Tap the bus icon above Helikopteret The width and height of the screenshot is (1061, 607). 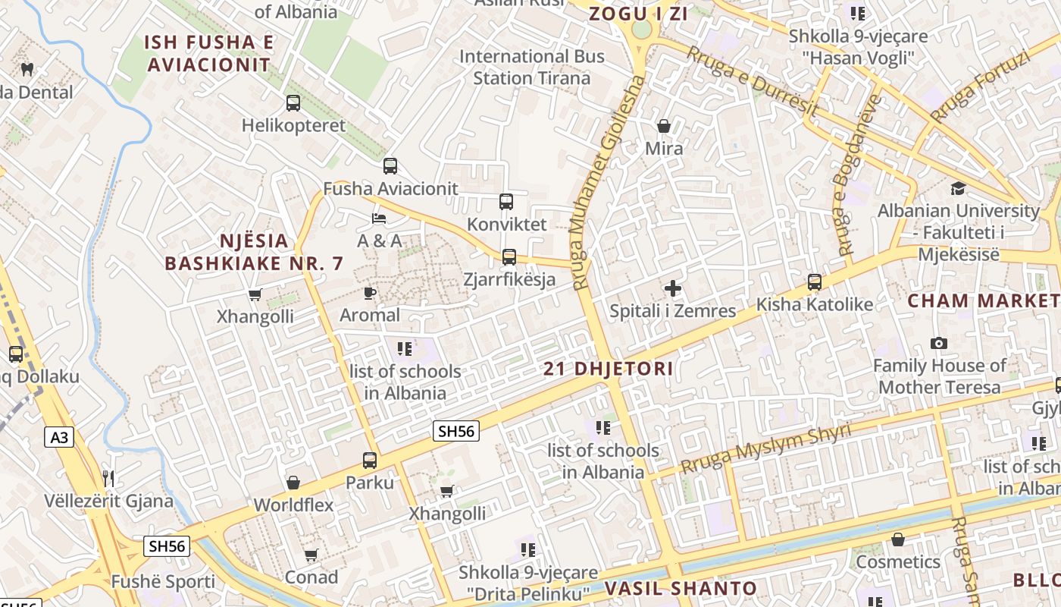pos(293,103)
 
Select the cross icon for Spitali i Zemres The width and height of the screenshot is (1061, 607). pos(672,288)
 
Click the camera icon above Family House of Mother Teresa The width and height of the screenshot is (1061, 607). pos(939,344)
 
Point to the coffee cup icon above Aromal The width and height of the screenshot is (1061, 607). pos(370,293)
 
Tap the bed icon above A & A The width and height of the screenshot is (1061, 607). pos(379,219)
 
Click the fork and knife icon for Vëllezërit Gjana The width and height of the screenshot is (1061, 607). pos(108,478)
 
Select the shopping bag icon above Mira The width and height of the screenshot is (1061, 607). pos(664,126)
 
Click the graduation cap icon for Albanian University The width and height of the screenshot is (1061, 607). pos(958,188)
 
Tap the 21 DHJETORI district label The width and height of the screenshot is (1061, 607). pos(609,370)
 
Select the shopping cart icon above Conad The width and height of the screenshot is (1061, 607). pos(311,555)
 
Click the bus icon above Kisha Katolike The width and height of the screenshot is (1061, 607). pos(815,282)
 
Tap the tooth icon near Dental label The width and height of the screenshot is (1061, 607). pos(27,70)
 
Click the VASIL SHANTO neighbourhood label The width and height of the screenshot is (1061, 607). pos(681,588)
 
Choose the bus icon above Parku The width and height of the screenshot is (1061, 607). pos(370,460)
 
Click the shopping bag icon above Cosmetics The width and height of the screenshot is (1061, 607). pos(898,539)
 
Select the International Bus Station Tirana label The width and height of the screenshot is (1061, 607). pos(531,67)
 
